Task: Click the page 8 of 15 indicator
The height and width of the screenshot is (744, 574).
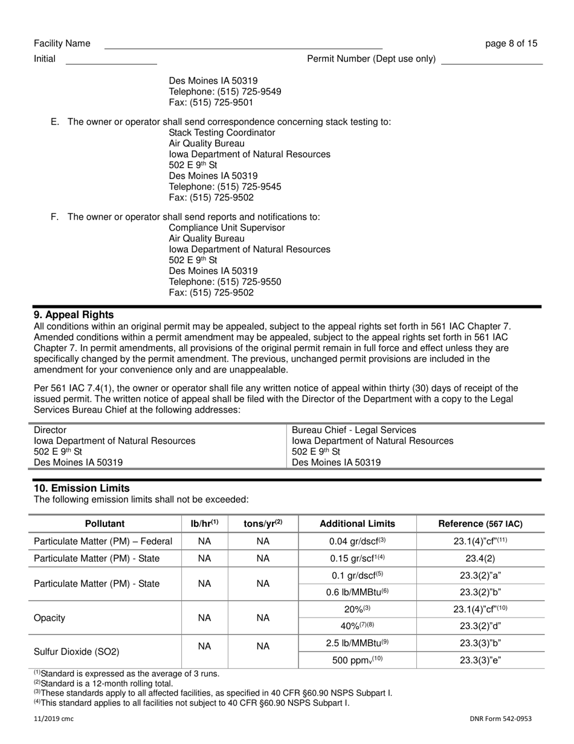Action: pos(511,44)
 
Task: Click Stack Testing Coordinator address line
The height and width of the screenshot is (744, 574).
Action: pos(222,132)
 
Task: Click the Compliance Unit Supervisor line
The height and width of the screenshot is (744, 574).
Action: pos(227,228)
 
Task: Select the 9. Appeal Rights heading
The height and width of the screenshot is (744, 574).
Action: pos(74,315)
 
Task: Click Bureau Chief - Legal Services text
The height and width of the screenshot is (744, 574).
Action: pos(354,430)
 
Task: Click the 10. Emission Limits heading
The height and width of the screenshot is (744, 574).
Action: pos(82,488)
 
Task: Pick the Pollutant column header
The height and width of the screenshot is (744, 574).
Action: pos(105,524)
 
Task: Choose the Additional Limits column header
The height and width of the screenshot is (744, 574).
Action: pos(357,524)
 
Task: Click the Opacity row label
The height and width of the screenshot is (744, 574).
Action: pos(50,618)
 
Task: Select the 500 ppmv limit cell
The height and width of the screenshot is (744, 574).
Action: pos(357,661)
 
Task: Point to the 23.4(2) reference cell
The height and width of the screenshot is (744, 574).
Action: pos(480,558)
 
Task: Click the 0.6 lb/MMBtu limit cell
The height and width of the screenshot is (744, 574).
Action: pos(357,593)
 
